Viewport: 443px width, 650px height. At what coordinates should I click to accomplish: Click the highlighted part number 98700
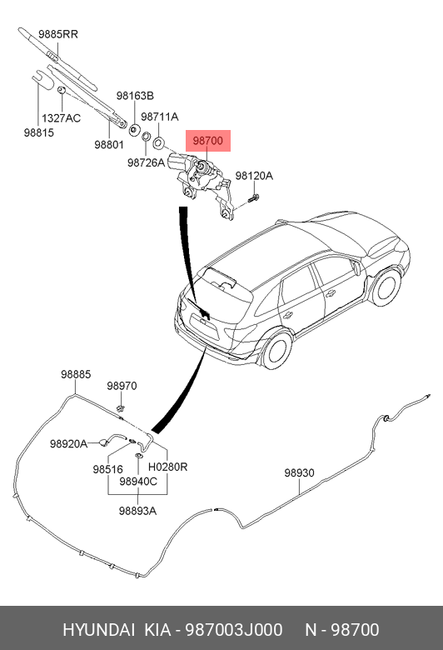tap(207, 141)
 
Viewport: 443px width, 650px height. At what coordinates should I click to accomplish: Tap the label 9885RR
tap(58, 34)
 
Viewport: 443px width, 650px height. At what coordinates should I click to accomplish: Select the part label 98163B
tap(135, 96)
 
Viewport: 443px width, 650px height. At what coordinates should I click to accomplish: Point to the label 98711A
tap(160, 117)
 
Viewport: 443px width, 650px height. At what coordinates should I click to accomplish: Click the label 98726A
tap(146, 162)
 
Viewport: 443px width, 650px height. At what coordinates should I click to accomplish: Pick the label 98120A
tap(254, 176)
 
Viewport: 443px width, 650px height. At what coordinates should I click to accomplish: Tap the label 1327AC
tap(61, 118)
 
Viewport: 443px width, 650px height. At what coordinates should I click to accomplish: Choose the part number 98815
tap(39, 132)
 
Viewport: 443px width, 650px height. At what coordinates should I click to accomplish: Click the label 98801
tap(109, 145)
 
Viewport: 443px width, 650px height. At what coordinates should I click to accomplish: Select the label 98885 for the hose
tap(76, 374)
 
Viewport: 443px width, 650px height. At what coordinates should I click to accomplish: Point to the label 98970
tap(122, 386)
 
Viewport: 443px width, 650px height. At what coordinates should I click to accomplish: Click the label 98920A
tap(68, 444)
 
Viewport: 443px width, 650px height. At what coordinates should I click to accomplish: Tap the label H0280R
tap(168, 467)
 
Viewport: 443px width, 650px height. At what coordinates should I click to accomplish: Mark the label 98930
tap(299, 472)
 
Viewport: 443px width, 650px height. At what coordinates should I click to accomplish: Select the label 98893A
tap(137, 511)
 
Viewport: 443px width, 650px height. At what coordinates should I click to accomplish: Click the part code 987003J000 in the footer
tap(234, 630)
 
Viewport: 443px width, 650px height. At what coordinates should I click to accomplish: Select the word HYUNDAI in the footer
tap(98, 630)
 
